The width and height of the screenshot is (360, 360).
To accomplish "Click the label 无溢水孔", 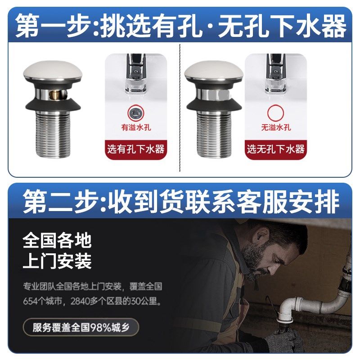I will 276,127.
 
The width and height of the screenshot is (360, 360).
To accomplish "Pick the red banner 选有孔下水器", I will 135,149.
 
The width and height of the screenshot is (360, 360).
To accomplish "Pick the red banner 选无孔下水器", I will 276,149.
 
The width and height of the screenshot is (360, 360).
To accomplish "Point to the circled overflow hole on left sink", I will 135,111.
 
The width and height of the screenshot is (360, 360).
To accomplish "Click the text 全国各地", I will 57,241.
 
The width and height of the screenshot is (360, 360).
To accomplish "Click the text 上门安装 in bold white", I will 57,261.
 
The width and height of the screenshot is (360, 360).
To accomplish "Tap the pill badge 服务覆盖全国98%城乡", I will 81,327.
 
